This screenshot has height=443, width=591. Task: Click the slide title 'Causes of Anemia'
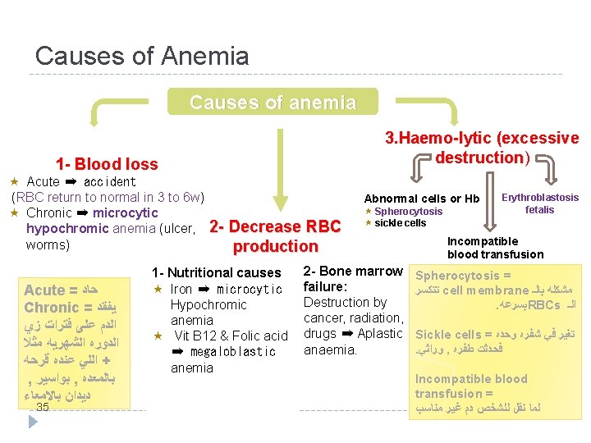tap(142, 56)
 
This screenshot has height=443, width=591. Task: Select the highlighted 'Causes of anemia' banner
tap(273, 103)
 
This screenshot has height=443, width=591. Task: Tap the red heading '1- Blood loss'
tap(107, 164)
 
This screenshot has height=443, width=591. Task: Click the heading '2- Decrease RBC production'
tap(275, 236)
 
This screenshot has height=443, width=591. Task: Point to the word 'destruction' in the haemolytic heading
tap(479, 157)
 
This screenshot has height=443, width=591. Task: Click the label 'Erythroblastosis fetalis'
tap(539, 203)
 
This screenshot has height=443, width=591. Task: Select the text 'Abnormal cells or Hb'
tap(422, 199)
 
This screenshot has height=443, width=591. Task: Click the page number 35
tap(44, 407)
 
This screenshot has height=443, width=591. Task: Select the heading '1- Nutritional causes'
tap(216, 272)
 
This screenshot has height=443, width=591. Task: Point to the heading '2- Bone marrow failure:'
tap(353, 279)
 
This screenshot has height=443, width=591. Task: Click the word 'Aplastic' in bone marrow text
tap(380, 334)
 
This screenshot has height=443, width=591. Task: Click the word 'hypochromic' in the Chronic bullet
tap(66, 228)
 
